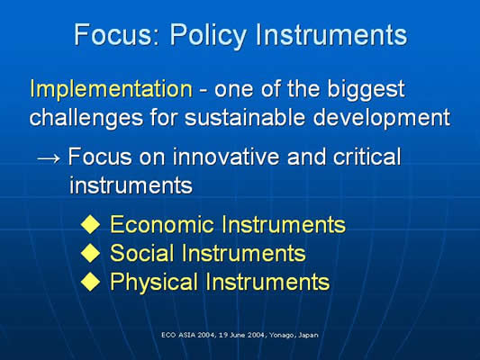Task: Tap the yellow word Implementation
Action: click(x=111, y=90)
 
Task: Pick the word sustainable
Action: click(x=245, y=117)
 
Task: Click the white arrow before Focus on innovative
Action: click(x=49, y=158)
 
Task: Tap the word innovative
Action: click(x=226, y=157)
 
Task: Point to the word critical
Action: click(x=367, y=157)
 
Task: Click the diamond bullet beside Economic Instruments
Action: click(x=91, y=224)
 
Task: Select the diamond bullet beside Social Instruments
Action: click(x=91, y=253)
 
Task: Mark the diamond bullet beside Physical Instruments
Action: click(x=91, y=282)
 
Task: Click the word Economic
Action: click(x=162, y=224)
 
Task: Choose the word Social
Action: click(x=142, y=253)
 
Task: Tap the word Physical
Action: click(x=154, y=282)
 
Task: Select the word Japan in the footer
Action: click(x=308, y=335)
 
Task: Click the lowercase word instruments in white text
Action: click(x=131, y=185)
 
